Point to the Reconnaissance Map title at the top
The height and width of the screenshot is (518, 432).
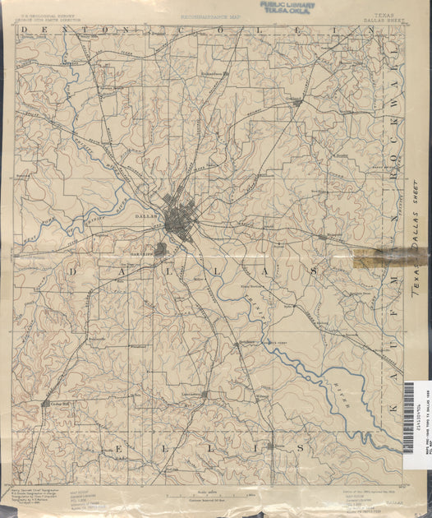pyautogui.click(x=213, y=16)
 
